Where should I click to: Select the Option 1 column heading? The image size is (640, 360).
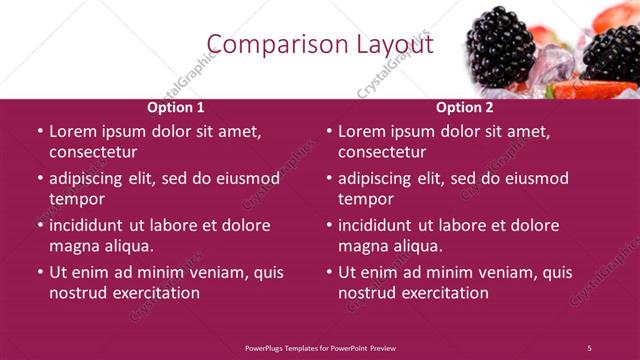pyautogui.click(x=176, y=107)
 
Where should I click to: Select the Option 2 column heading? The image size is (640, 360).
pyautogui.click(x=465, y=107)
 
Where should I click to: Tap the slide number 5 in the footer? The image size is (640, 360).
pyautogui.click(x=589, y=348)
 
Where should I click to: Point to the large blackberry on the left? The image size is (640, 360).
pyautogui.click(x=501, y=45)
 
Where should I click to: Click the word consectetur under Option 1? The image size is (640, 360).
pyautogui.click(x=93, y=152)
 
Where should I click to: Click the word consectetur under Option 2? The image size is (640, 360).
pyautogui.click(x=382, y=152)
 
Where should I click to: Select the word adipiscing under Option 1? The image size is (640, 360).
pyautogui.click(x=90, y=178)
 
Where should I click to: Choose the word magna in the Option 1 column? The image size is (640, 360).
pyautogui.click(x=74, y=246)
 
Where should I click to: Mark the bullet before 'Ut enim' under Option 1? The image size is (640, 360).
pyautogui.click(x=40, y=272)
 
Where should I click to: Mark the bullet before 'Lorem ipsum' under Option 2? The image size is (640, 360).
pyautogui.click(x=329, y=131)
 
